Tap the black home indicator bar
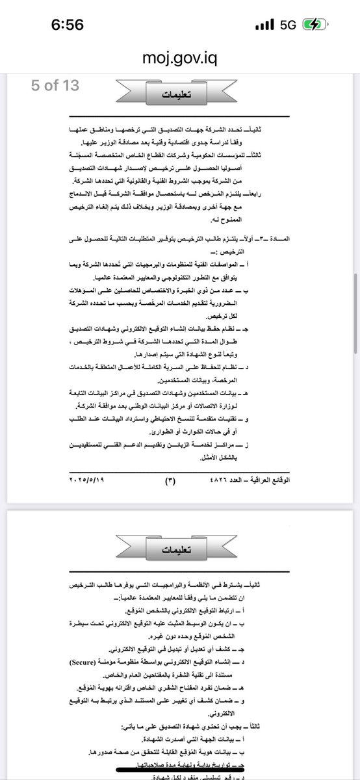coord(180,767)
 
